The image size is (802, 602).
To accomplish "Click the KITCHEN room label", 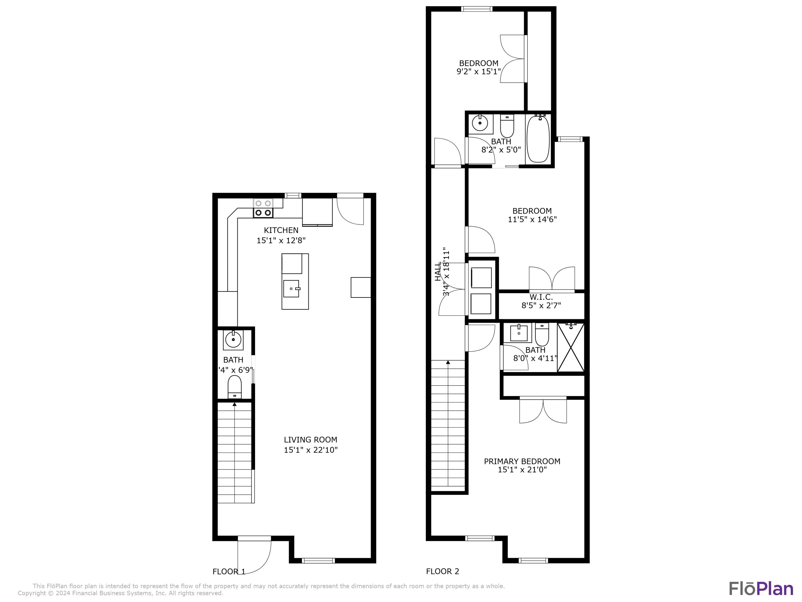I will click(281, 230).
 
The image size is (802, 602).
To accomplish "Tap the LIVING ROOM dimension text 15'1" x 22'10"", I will click(310, 450).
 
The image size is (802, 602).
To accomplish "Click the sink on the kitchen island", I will click(291, 288).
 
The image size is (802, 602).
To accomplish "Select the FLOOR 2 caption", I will click(442, 571).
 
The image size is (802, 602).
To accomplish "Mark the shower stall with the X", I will click(571, 348).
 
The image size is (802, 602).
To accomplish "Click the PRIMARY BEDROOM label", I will click(522, 461).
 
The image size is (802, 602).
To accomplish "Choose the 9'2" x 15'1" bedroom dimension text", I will click(478, 71).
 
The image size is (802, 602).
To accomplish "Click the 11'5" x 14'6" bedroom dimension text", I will click(532, 219).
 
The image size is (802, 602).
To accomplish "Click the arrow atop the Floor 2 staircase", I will click(448, 363).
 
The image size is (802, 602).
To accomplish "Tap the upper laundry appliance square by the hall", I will click(481, 278).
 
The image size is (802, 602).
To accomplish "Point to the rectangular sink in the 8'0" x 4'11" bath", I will click(519, 333).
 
